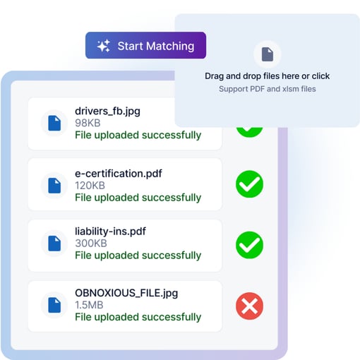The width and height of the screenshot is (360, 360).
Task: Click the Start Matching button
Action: point(145,45)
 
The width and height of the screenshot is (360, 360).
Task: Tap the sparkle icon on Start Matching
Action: point(104,46)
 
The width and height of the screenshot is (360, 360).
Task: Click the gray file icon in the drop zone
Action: point(268,54)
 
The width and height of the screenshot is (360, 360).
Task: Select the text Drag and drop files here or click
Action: point(267,76)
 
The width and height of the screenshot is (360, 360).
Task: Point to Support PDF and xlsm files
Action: point(268,89)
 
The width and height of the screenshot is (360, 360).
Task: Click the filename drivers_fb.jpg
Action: point(107,112)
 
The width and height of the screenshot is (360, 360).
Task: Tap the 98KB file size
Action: point(88,123)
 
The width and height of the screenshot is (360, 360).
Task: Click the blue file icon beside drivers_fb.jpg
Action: point(54,123)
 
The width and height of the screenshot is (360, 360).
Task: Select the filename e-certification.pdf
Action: point(119,174)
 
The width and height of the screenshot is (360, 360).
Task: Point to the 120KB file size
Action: point(90,186)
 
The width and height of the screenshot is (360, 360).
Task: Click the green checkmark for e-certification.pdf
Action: point(249,184)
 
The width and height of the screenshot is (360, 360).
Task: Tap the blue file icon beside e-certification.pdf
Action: point(54,186)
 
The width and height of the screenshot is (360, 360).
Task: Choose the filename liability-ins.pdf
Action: point(110,232)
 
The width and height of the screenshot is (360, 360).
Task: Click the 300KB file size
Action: point(91,244)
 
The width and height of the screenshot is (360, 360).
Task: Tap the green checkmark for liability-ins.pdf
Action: point(249,245)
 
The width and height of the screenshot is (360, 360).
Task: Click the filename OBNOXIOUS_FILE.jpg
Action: point(126,293)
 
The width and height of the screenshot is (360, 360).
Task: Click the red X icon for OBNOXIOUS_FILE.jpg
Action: point(249,306)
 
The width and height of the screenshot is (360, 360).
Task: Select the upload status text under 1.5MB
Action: point(138,317)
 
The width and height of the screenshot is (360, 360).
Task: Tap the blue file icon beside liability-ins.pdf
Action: point(54,244)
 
